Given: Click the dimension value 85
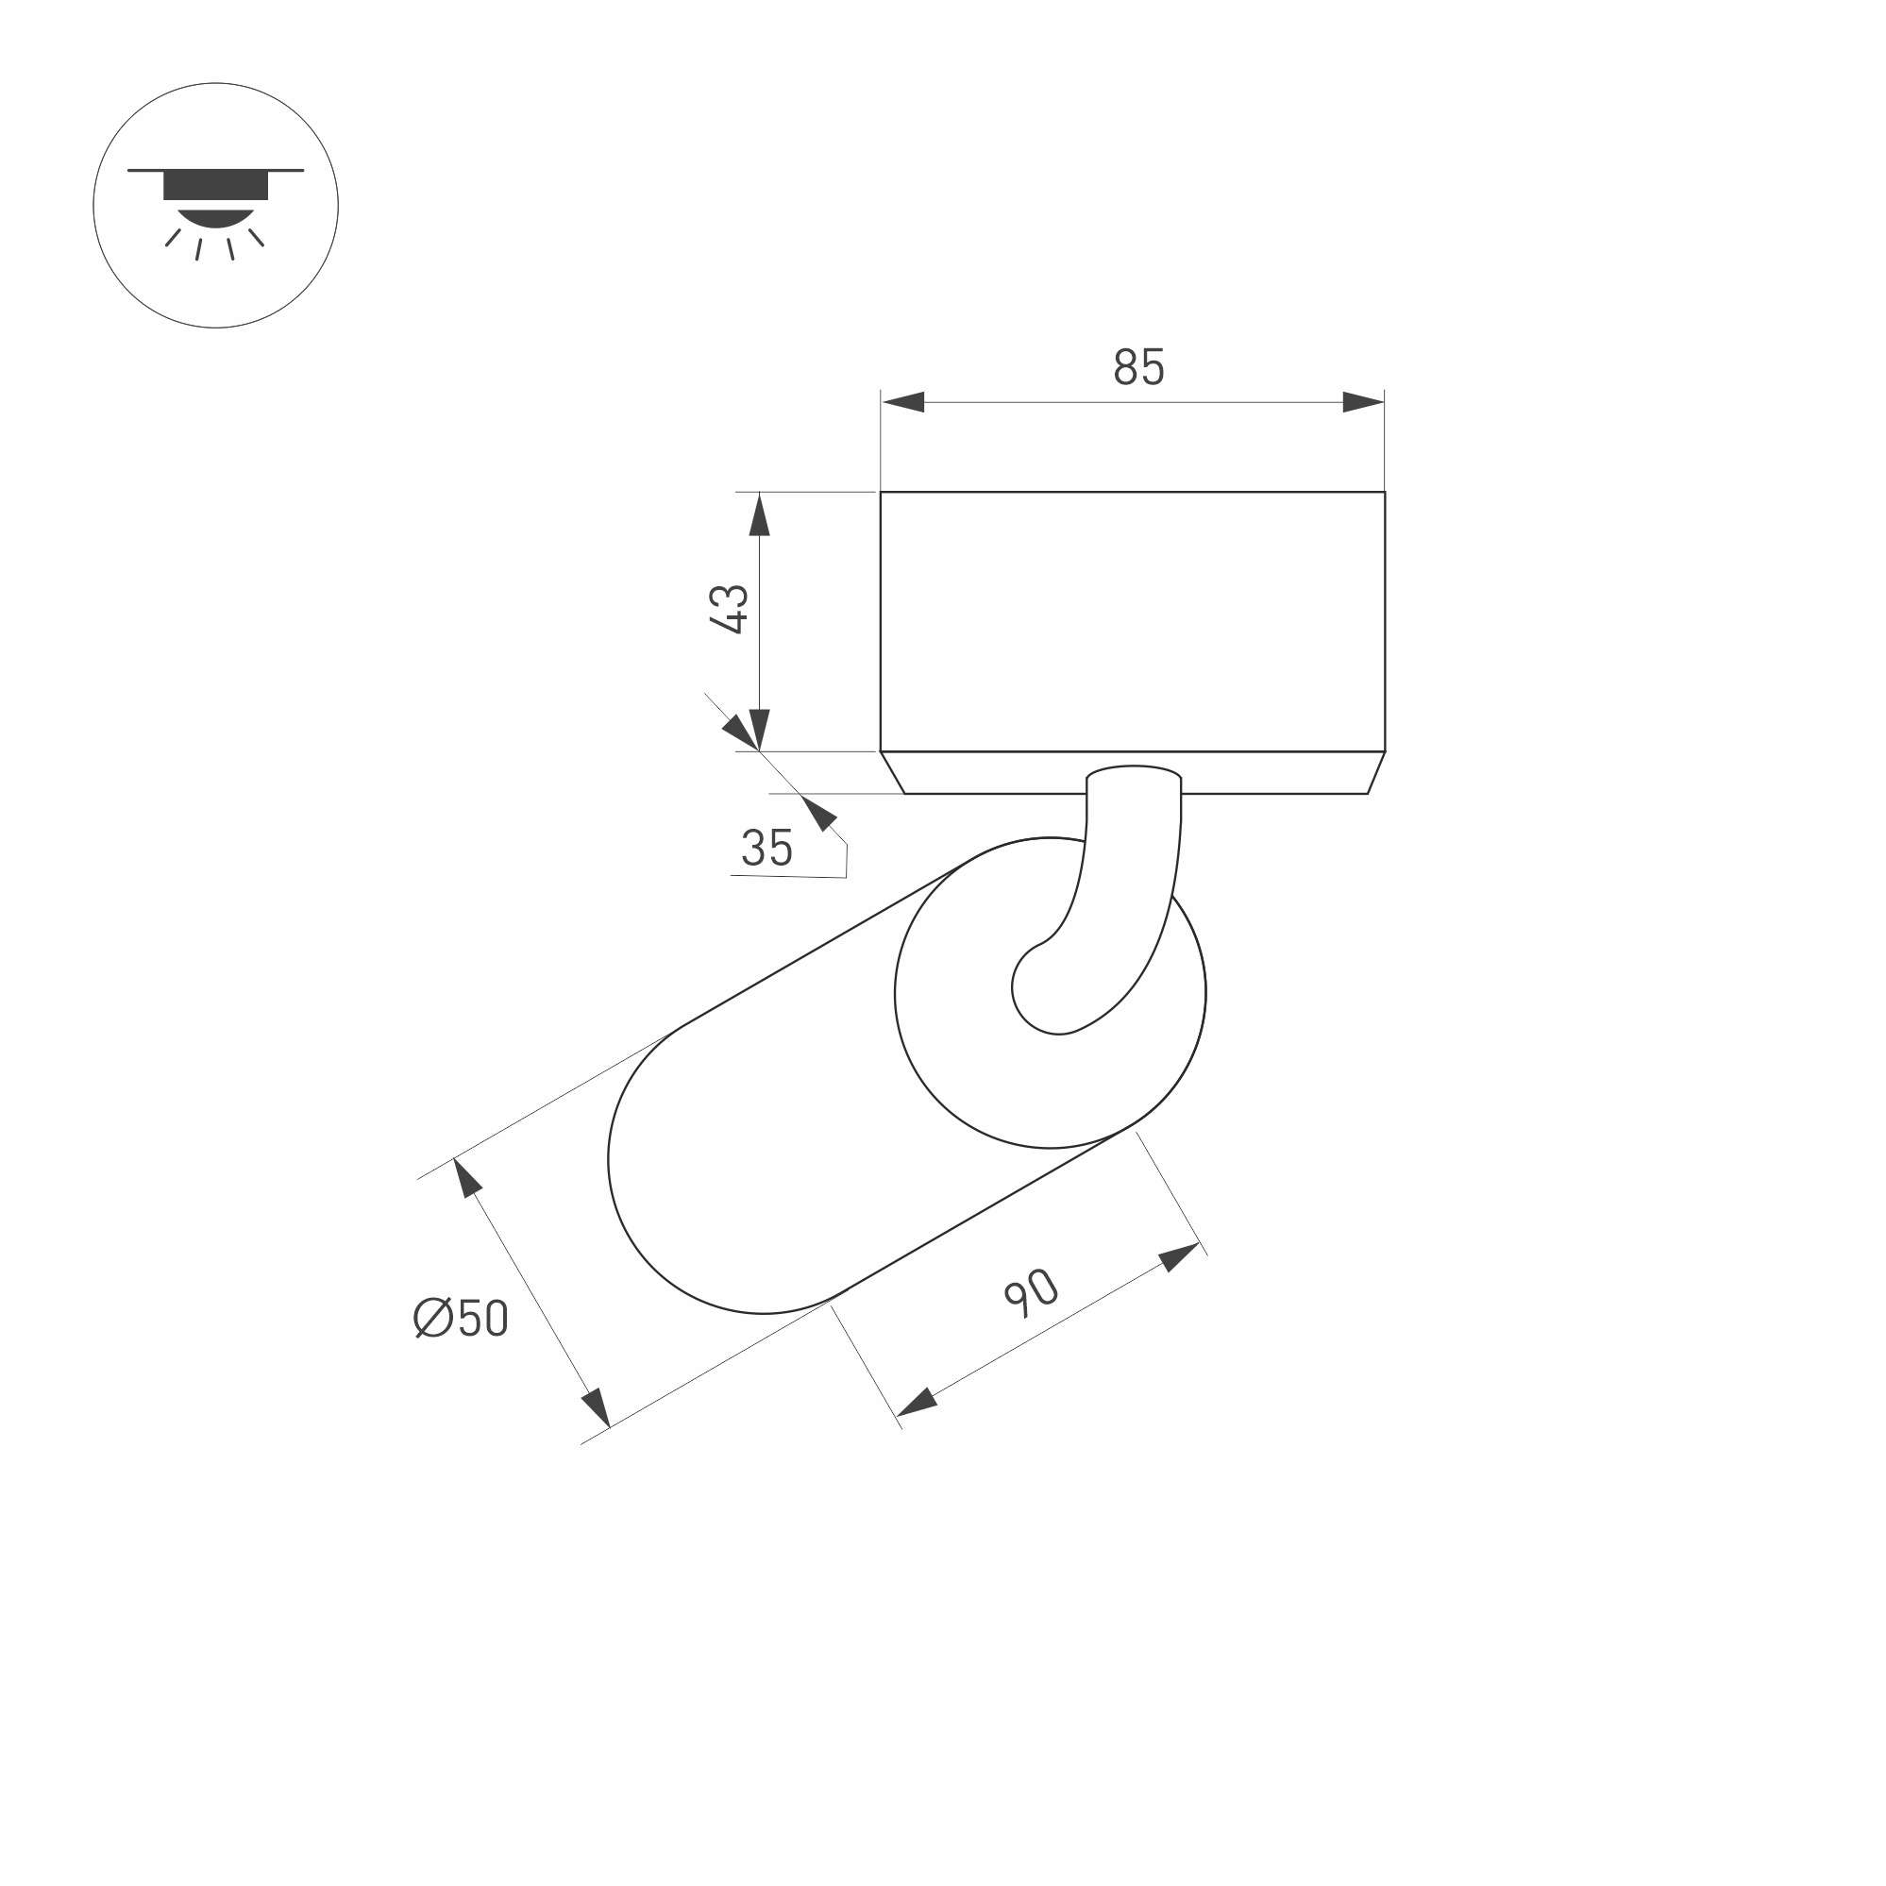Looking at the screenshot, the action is (x=1138, y=367).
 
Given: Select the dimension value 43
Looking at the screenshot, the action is (x=730, y=609).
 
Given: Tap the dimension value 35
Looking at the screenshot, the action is (x=766, y=848).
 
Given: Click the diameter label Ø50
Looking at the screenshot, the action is (x=461, y=1318).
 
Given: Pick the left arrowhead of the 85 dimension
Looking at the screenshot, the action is (x=902, y=401).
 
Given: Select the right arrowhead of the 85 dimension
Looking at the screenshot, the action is (x=1363, y=401).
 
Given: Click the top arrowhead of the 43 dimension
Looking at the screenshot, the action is (x=760, y=514).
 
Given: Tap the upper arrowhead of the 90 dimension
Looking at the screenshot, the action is (x=1179, y=1256).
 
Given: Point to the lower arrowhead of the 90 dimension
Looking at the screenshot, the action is (x=916, y=1404).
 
